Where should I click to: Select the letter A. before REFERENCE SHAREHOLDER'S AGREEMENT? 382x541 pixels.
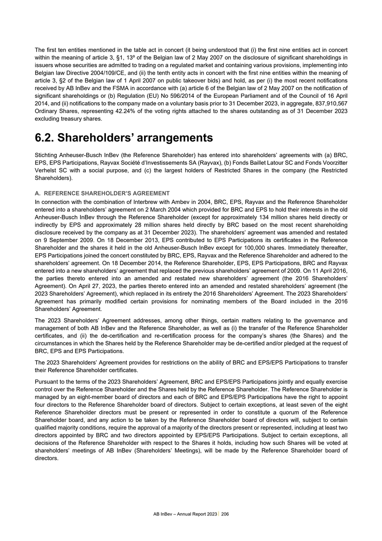pos(39,193)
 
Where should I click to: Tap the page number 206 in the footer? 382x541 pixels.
pos(225,515)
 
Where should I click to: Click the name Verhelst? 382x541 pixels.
pos(47,171)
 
